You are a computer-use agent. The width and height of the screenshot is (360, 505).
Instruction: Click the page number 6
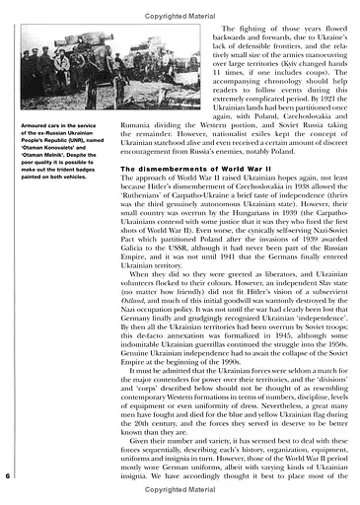[9, 476]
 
